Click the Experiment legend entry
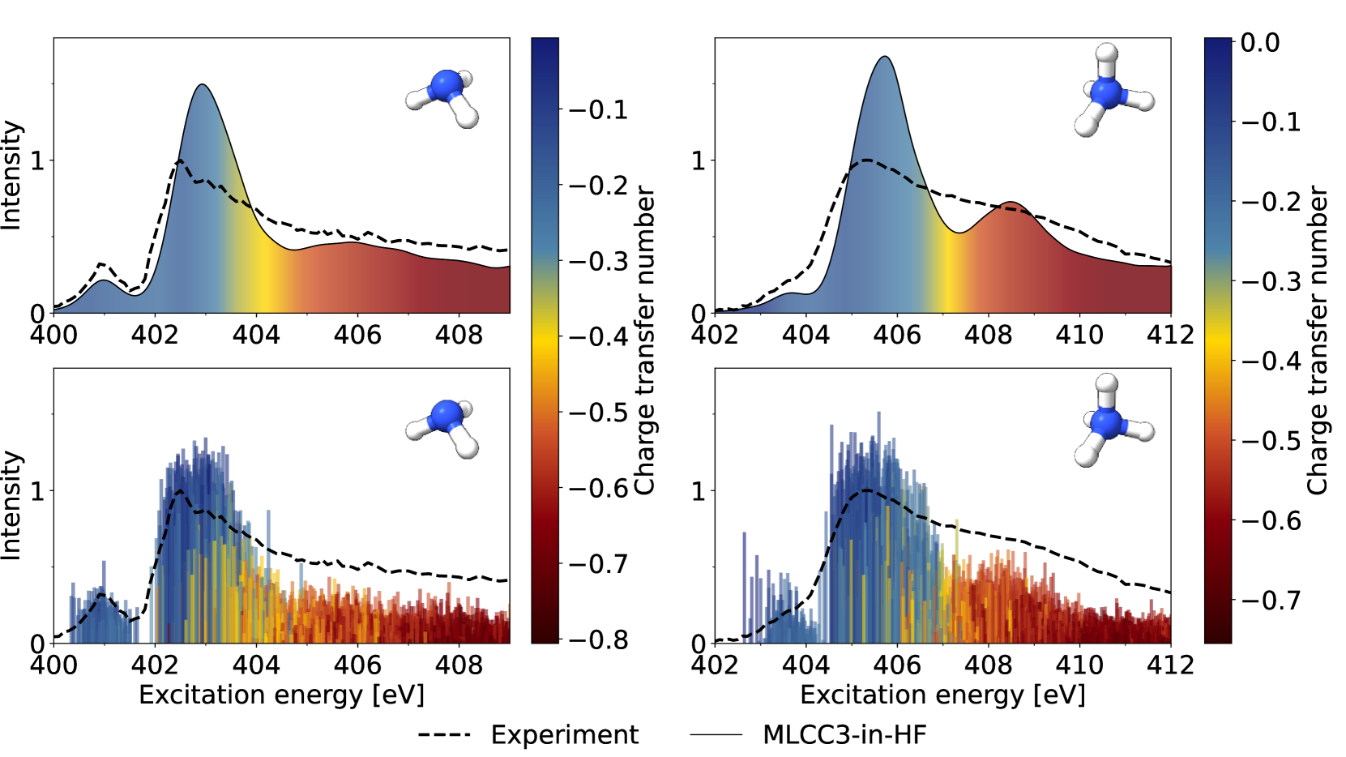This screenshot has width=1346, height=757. point(564,734)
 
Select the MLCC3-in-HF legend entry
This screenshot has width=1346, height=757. point(844,734)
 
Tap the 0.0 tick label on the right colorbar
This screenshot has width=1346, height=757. point(1260,42)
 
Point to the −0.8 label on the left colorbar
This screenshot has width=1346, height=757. point(599,639)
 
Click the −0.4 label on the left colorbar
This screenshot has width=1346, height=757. point(599,336)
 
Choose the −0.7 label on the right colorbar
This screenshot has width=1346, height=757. point(1271,600)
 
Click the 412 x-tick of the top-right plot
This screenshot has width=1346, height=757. point(1170,335)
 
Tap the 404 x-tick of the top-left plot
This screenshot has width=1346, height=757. point(256,335)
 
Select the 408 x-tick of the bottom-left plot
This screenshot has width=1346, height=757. point(459,665)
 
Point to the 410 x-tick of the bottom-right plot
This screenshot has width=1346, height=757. point(1079,665)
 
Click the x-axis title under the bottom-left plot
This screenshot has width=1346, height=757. point(281,695)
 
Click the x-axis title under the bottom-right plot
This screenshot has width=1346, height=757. point(942,695)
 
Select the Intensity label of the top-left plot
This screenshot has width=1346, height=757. point(11,175)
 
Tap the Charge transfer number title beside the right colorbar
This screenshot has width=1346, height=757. point(1318,340)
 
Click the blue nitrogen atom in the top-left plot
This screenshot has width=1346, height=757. point(446,85)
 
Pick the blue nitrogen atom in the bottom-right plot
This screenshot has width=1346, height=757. point(1106,422)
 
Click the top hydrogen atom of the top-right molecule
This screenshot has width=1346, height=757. point(1107,54)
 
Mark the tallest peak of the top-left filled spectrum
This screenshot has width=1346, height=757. point(203,85)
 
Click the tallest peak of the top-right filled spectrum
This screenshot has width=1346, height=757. point(885,57)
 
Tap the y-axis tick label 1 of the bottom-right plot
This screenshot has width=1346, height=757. point(698,491)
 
